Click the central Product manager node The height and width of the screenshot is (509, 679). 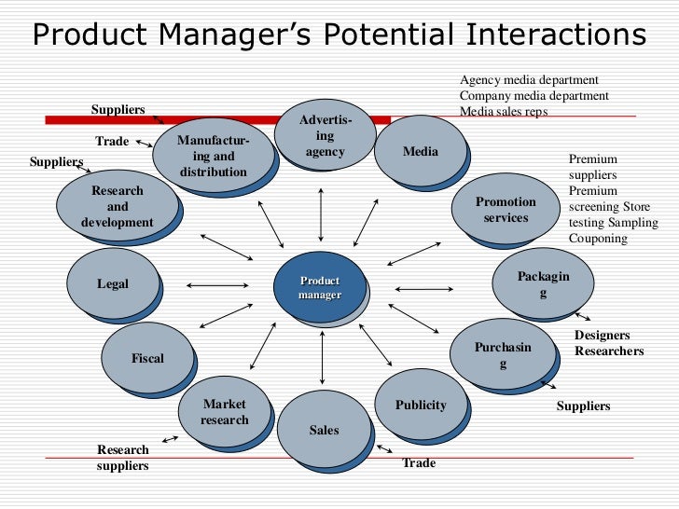click(x=320, y=288)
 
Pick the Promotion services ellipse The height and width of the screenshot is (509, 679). click(x=506, y=209)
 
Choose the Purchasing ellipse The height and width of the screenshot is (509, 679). click(x=503, y=354)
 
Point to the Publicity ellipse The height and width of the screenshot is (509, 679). click(x=421, y=405)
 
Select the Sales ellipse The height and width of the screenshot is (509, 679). click(x=324, y=429)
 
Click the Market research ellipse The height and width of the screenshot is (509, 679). click(x=225, y=411)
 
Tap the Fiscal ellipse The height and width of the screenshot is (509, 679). click(x=147, y=358)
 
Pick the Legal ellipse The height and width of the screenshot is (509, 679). click(x=113, y=283)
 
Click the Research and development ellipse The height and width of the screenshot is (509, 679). click(x=117, y=206)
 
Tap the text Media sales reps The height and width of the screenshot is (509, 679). click(x=504, y=112)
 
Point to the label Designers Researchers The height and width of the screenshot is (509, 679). click(x=608, y=343)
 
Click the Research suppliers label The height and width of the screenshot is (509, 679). click(x=122, y=458)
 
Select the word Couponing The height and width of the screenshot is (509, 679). click(x=598, y=239)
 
